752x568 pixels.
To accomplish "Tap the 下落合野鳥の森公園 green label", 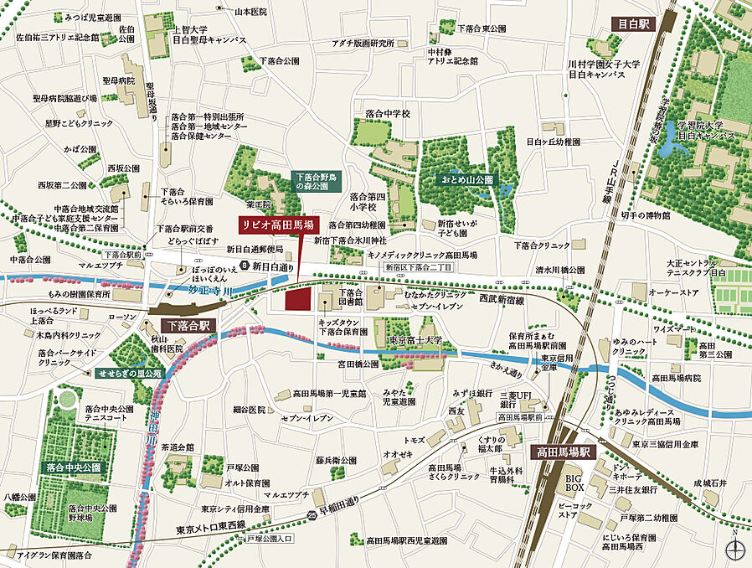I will click(x=318, y=183).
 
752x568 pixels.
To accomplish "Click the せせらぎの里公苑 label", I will click(x=129, y=373).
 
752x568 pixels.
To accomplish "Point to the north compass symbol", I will click(x=734, y=548).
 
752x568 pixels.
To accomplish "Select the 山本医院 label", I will click(x=250, y=12).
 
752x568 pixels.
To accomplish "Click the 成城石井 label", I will click(x=710, y=483).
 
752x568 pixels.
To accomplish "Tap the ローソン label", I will click(x=121, y=316).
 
